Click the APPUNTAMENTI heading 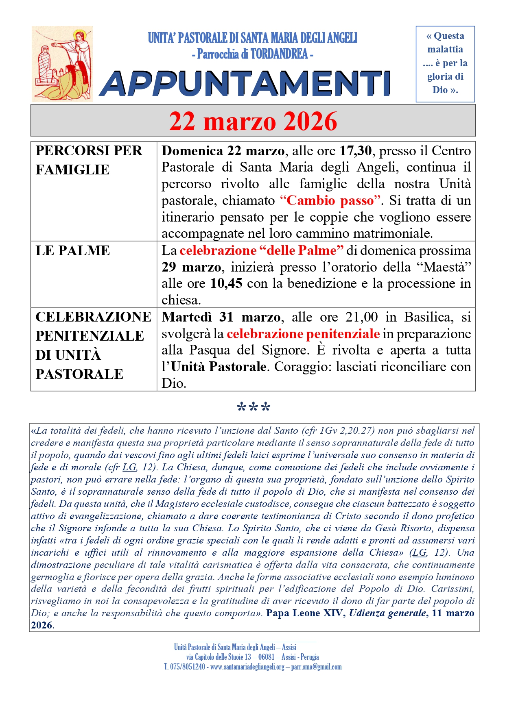245,83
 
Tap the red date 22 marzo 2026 253,121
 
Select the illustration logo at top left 62,64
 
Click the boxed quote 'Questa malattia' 445,63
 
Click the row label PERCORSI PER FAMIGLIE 89,160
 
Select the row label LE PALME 72,250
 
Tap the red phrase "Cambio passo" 330,200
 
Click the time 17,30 355,151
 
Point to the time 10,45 226,283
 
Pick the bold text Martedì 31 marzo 221,317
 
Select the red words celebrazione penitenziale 303,334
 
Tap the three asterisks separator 253,407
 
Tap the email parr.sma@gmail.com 316,667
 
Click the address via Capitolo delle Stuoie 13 219,657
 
